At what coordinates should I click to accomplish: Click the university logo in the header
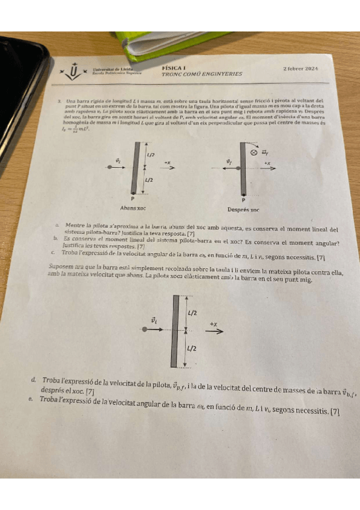74,72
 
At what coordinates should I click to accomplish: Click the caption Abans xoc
133,207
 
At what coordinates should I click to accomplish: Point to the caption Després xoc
243,210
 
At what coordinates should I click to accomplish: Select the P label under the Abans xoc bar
132,197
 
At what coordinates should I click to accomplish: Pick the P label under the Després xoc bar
243,199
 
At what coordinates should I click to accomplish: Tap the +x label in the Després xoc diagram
267,163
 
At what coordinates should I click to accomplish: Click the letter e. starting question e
29,399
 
